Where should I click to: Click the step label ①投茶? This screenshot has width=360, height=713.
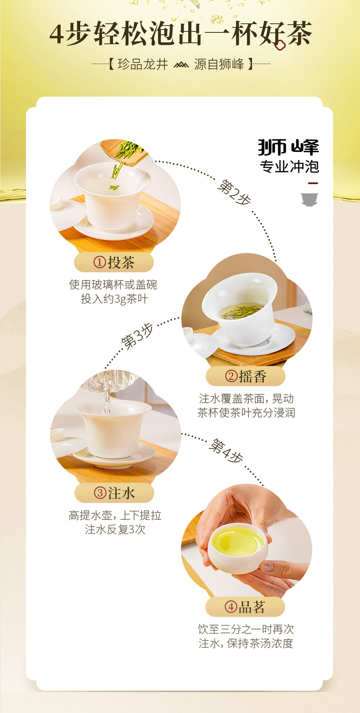pyautogui.click(x=114, y=263)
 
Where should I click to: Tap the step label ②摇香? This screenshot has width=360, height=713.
pyautogui.click(x=246, y=377)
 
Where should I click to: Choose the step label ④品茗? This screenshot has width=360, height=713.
pyautogui.click(x=245, y=607)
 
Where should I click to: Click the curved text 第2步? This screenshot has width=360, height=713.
pyautogui.click(x=234, y=192)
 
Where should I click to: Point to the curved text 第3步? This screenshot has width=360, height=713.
pyautogui.click(x=137, y=336)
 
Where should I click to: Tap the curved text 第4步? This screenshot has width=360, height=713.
pyautogui.click(x=226, y=450)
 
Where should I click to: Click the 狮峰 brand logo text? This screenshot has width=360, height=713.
pyautogui.click(x=288, y=147)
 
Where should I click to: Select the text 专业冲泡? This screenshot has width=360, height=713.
pyautogui.click(x=289, y=166)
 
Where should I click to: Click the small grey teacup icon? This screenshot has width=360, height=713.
pyautogui.click(x=309, y=200)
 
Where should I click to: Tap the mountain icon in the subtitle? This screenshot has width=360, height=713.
pyautogui.click(x=181, y=65)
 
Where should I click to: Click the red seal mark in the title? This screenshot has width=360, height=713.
pyautogui.click(x=280, y=45)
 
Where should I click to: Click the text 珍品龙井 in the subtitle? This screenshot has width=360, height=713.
pyautogui.click(x=143, y=64)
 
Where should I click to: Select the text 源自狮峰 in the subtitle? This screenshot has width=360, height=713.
pyautogui.click(x=219, y=64)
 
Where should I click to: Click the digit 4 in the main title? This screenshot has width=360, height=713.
pyautogui.click(x=57, y=34)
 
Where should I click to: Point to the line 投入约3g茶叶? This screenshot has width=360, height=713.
pyautogui.click(x=114, y=299)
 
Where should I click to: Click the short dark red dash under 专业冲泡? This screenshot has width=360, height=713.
pyautogui.click(x=313, y=183)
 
